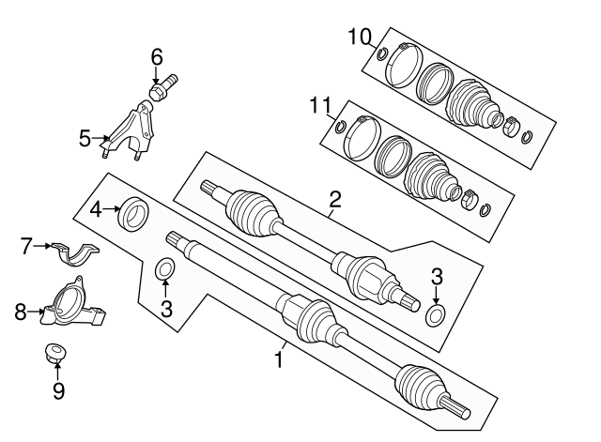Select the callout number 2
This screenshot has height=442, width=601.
(x=334, y=199)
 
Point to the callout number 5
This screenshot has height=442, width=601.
(x=85, y=140)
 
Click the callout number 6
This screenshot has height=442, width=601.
(x=157, y=56)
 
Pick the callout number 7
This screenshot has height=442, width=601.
(x=25, y=247)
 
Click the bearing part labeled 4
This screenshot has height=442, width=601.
(x=131, y=211)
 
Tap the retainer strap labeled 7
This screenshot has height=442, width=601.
(x=75, y=253)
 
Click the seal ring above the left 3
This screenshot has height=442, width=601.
(x=164, y=270)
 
